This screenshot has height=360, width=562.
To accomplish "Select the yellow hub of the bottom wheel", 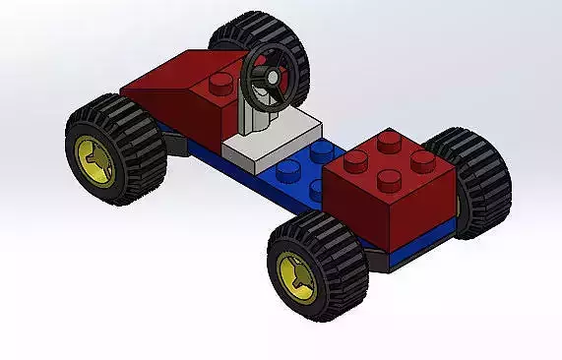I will [295, 274].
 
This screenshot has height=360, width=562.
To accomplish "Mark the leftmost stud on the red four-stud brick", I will [354, 160].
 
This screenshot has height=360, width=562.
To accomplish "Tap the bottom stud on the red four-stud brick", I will [391, 178].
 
